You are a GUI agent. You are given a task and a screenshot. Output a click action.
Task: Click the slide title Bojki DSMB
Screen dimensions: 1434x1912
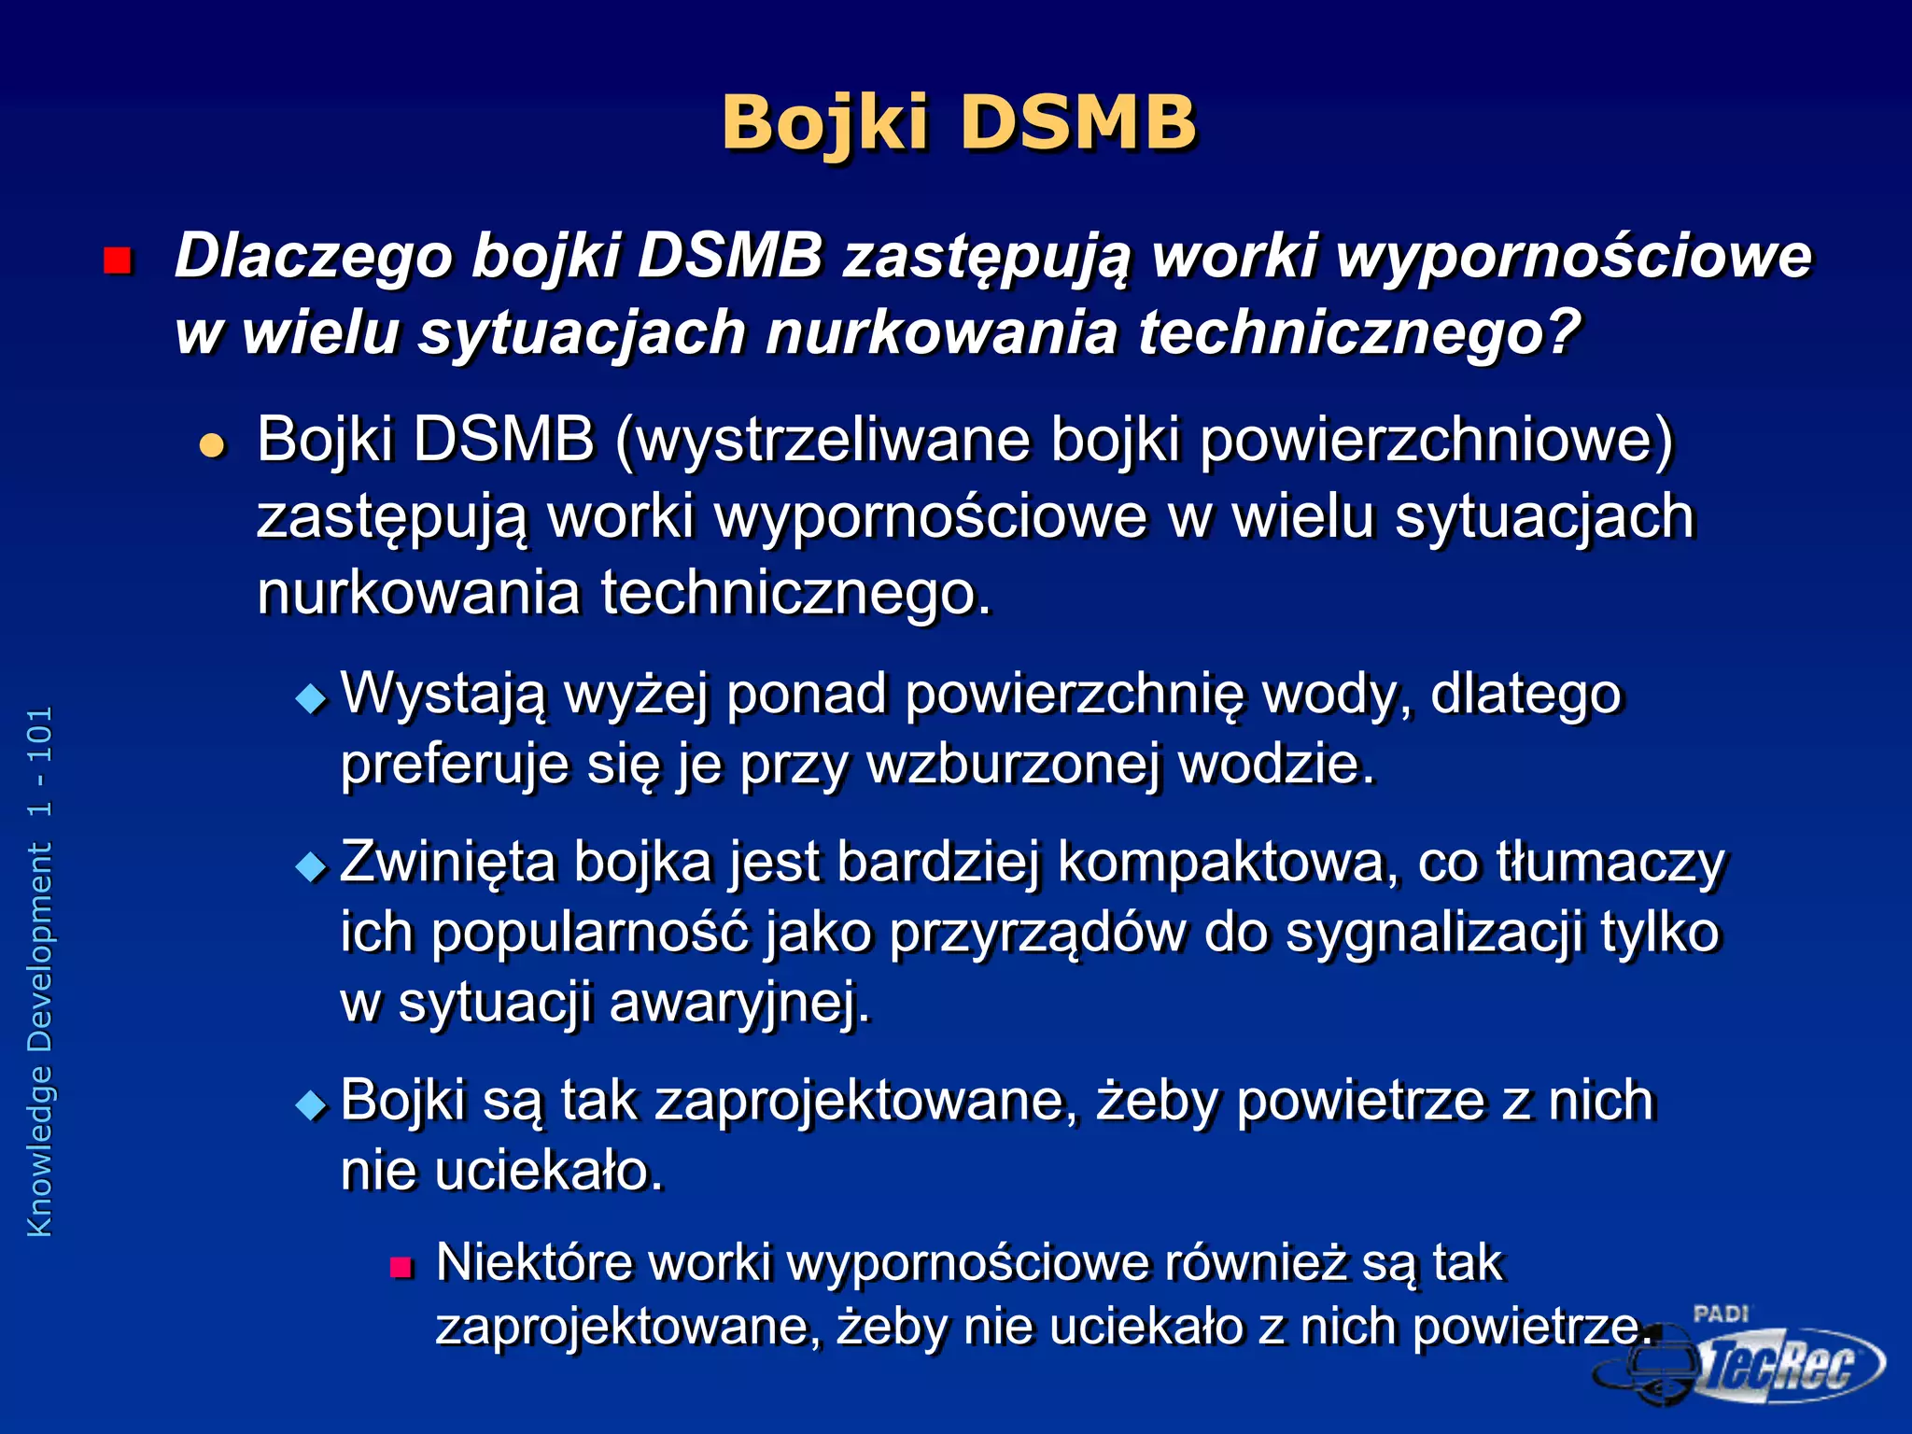(x=958, y=122)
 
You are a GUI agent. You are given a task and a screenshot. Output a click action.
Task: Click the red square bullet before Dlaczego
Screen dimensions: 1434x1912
(x=118, y=260)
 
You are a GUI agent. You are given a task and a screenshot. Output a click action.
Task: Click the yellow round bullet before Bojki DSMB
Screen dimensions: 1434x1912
(x=213, y=445)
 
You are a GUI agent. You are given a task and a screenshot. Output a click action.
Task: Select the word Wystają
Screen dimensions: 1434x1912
(x=443, y=695)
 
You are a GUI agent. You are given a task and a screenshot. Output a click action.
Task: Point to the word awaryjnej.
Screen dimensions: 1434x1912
(x=739, y=1003)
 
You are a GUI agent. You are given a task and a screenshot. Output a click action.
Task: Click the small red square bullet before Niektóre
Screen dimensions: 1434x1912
(x=401, y=1268)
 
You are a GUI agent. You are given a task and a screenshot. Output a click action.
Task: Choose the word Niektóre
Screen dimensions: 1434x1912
(x=534, y=1262)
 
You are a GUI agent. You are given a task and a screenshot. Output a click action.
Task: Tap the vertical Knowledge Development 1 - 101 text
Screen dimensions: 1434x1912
(x=40, y=971)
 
